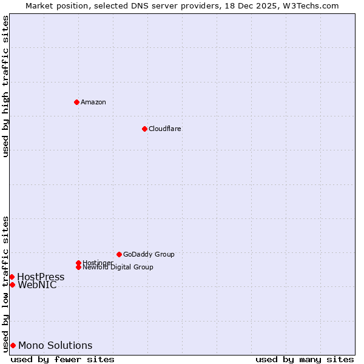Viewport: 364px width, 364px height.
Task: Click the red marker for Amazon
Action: click(76, 102)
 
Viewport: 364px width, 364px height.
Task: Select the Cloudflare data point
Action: click(144, 129)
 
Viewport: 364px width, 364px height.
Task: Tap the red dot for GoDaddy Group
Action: click(119, 254)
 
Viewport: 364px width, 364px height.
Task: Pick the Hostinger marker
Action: click(78, 263)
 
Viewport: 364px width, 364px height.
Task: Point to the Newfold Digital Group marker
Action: click(78, 267)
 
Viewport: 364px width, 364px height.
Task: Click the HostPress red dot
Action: click(12, 277)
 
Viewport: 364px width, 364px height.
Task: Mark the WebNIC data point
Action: click(12, 285)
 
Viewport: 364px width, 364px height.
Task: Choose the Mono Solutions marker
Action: click(13, 345)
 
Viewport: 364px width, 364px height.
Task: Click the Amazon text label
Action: click(93, 102)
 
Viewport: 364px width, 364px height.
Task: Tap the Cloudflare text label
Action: click(165, 129)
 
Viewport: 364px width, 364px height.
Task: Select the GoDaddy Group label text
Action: click(149, 254)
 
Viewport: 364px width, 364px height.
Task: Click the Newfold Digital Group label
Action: click(118, 268)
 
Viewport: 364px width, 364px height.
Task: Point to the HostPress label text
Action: click(41, 277)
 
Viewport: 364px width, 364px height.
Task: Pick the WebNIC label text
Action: click(37, 285)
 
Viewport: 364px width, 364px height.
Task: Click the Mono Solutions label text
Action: click(55, 346)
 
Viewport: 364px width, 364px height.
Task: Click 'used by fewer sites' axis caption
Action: click(62, 359)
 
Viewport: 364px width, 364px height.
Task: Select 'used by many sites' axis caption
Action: click(305, 359)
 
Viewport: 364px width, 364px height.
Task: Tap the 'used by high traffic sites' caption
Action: click(6, 86)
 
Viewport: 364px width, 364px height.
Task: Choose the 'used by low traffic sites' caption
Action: click(6, 284)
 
